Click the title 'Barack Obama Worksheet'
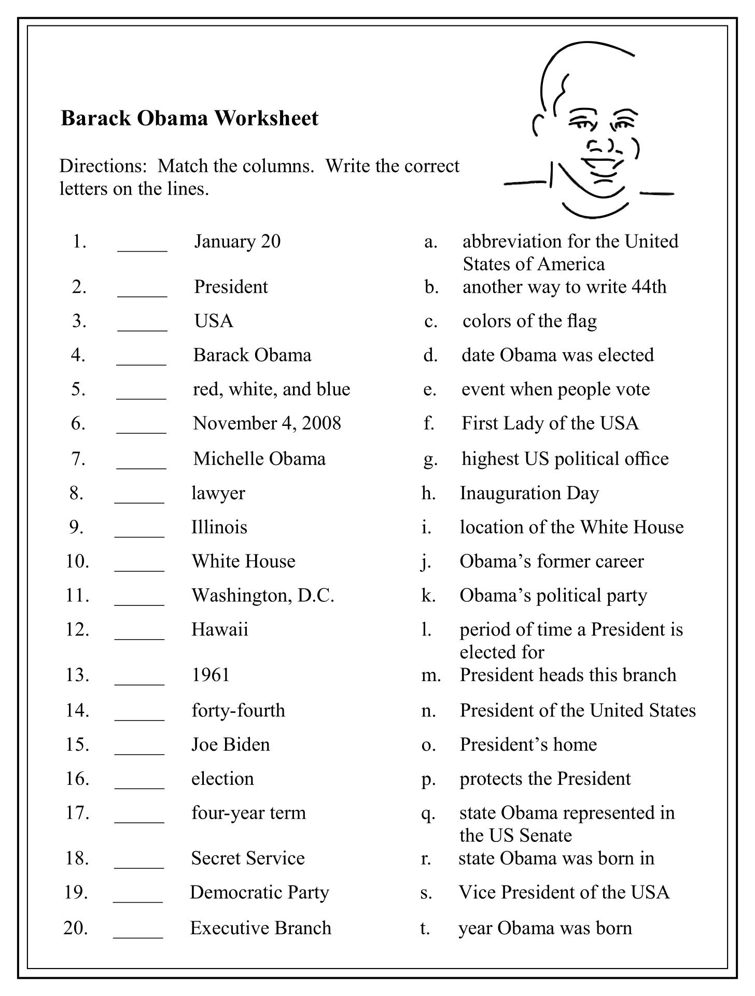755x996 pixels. [189, 118]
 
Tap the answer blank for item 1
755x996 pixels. [142, 245]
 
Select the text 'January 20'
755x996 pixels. [237, 241]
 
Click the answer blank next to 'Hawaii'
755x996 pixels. [139, 633]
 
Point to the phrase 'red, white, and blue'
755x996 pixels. [271, 389]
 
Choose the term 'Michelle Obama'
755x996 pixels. [259, 459]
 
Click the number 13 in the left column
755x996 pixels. [77, 675]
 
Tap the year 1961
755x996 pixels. [211, 675]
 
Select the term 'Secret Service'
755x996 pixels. [247, 858]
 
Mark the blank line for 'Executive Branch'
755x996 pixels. [138, 932]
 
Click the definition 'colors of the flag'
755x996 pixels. [529, 321]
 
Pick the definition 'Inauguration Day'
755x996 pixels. [529, 493]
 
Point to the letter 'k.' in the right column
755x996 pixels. [428, 596]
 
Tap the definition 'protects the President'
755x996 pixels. [545, 779]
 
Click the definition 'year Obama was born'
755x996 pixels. [545, 928]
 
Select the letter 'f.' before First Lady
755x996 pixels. [428, 424]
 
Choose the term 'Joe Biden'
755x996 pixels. [230, 744]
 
